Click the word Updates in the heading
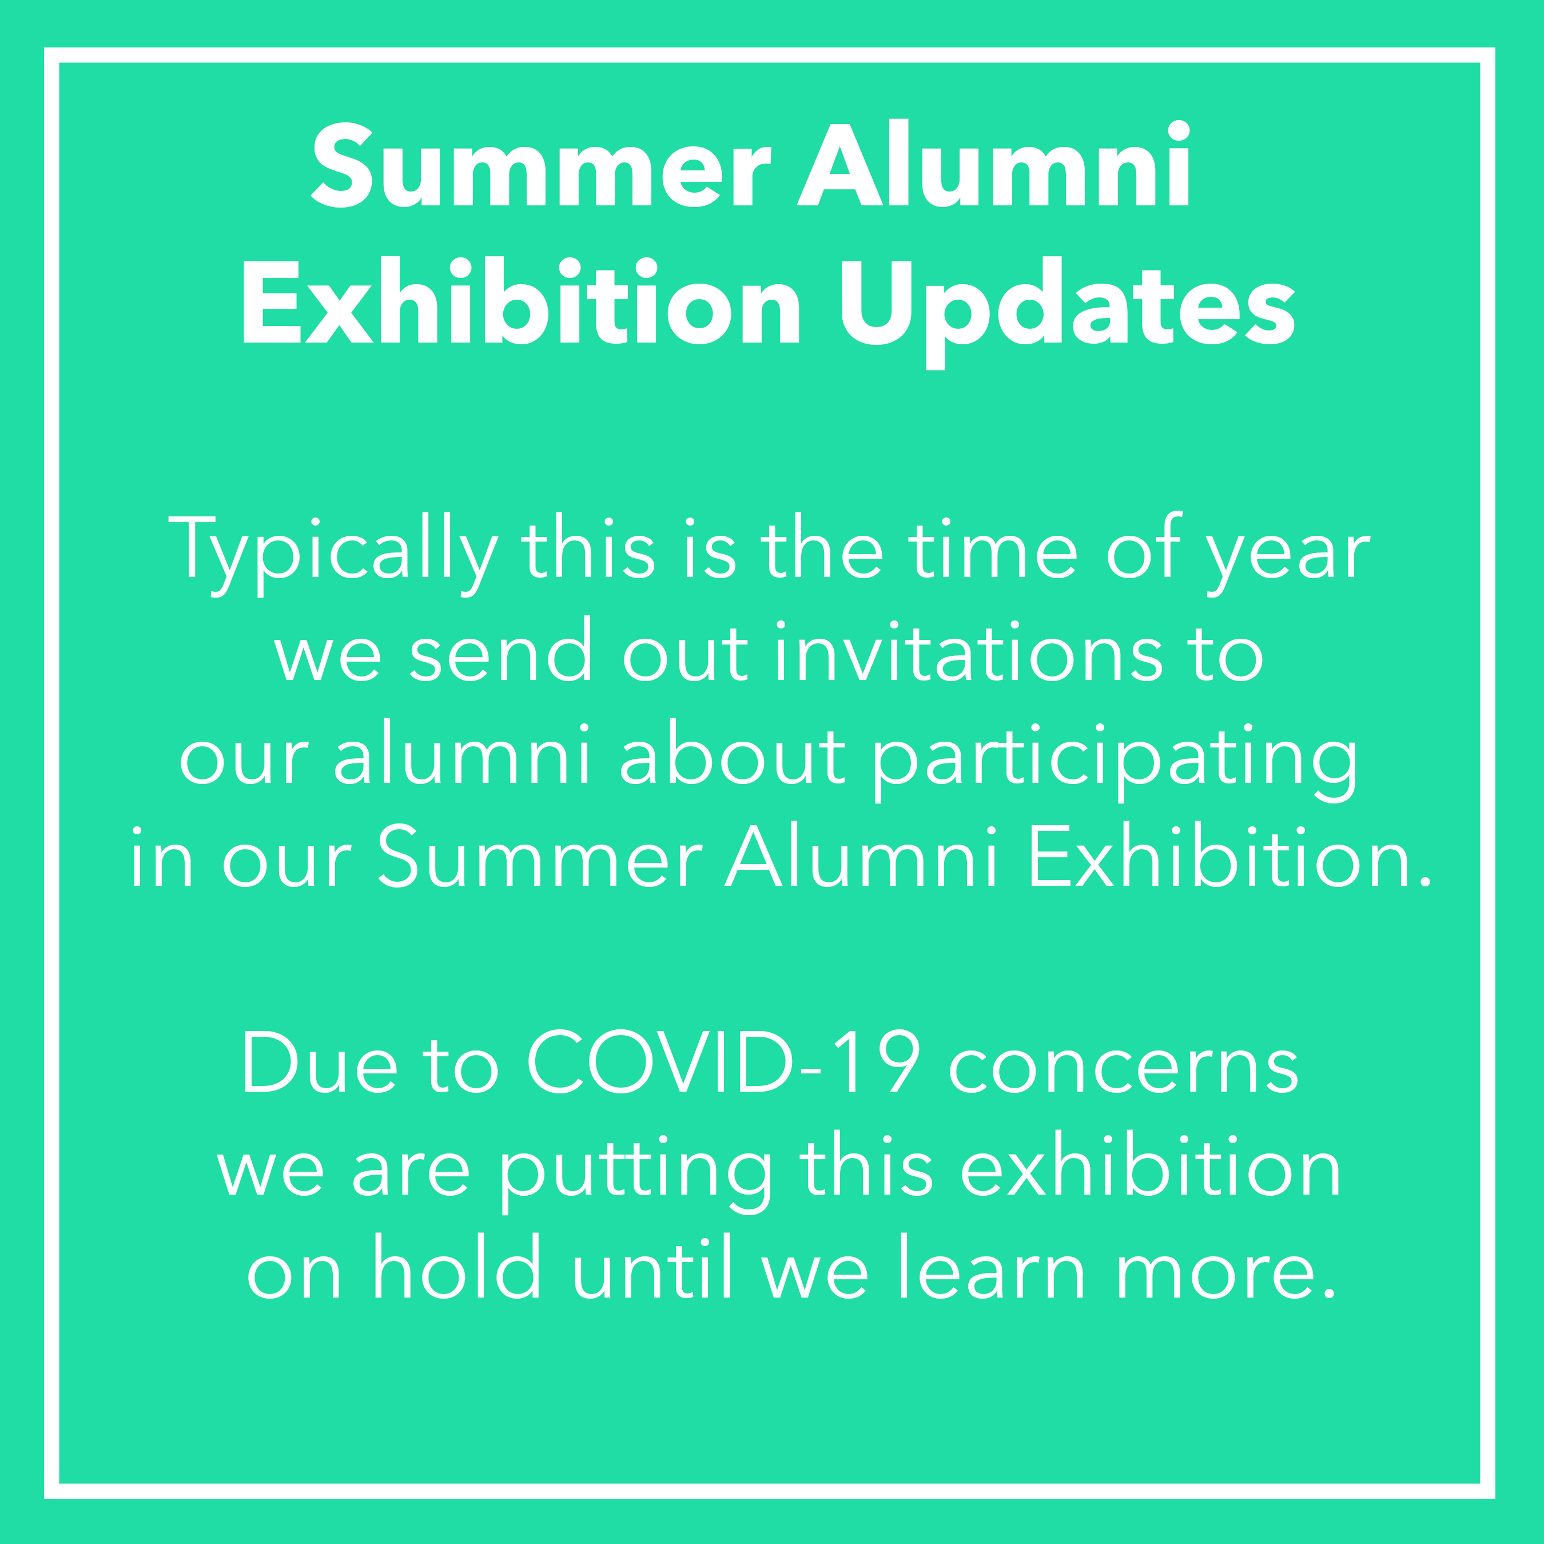(x=1067, y=312)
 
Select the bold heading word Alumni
(x=995, y=163)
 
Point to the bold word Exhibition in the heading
(x=521, y=302)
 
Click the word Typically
(x=333, y=554)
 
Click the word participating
(x=1115, y=759)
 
